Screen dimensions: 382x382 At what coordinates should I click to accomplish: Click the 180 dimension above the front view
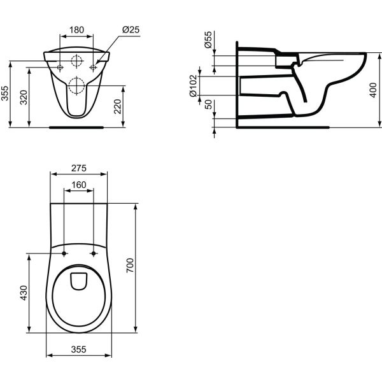[x=77, y=29]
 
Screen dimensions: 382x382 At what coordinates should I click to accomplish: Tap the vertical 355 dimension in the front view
[x=5, y=94]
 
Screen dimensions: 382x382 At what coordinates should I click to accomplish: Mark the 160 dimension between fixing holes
[x=78, y=185]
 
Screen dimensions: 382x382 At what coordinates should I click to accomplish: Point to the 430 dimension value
[x=24, y=293]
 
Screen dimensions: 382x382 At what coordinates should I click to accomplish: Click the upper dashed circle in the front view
[x=77, y=62]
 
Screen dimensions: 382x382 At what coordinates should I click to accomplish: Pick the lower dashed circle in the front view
[x=76, y=85]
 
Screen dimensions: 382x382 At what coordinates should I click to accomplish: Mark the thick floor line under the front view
[x=76, y=127]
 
